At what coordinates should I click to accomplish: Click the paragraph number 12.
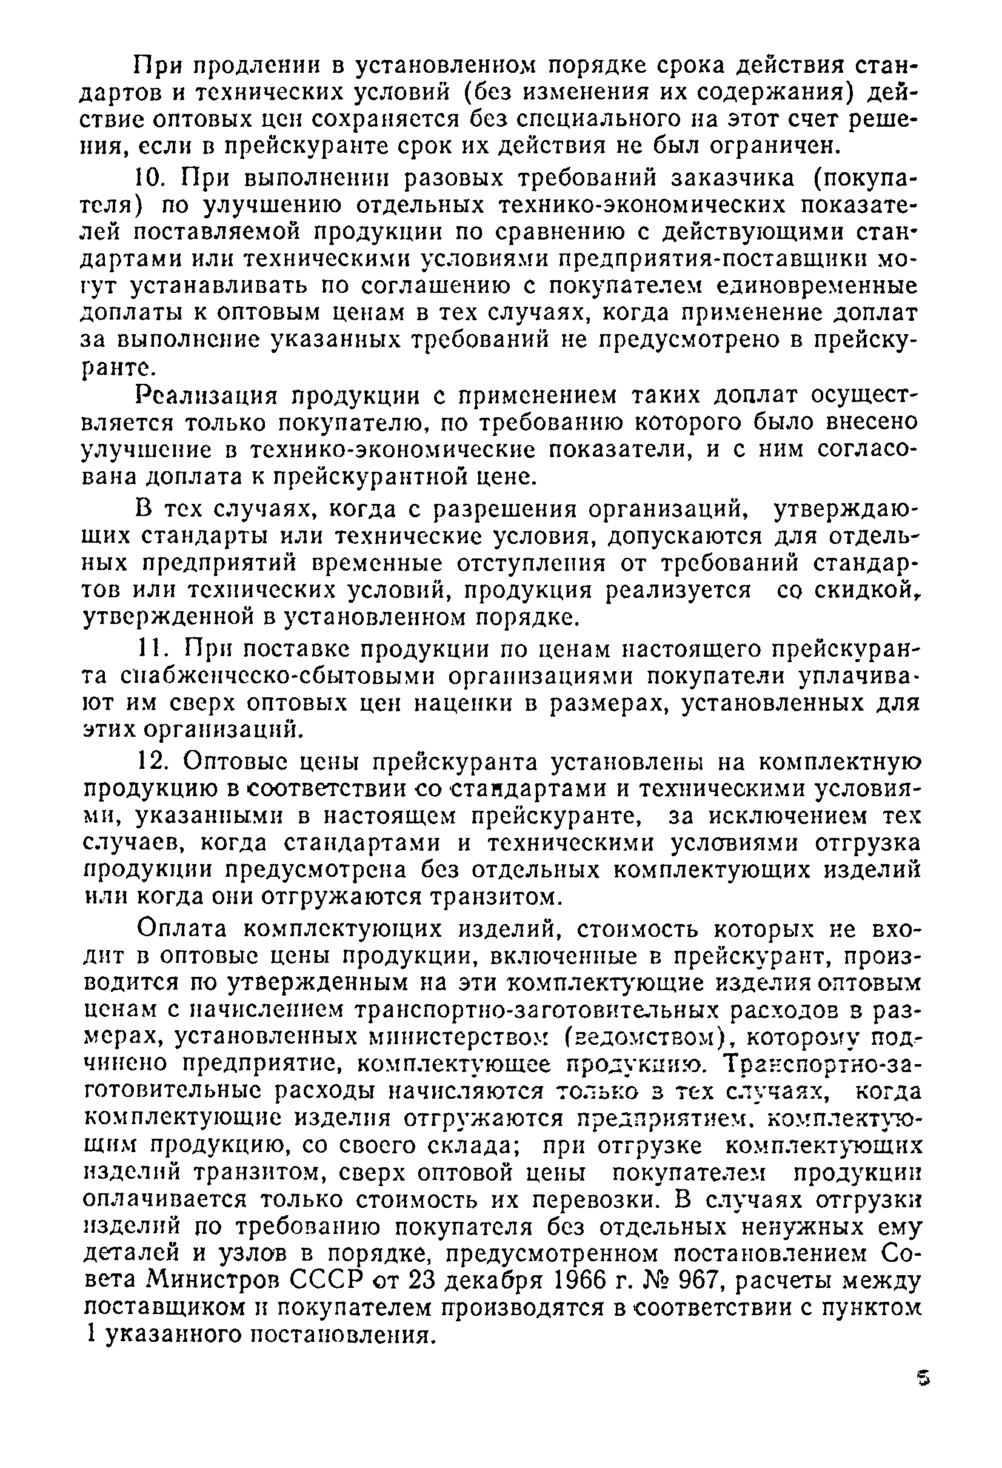click(x=153, y=763)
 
